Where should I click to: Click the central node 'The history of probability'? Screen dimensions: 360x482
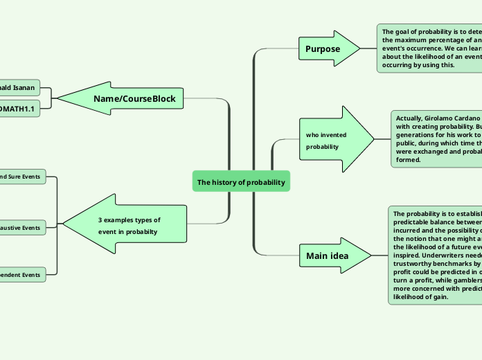click(241, 182)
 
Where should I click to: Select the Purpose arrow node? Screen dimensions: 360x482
click(325, 49)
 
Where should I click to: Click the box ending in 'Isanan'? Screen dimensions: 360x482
click(19, 88)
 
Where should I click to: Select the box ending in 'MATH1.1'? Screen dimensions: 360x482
click(19, 109)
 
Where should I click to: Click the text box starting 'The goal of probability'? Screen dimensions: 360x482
click(429, 48)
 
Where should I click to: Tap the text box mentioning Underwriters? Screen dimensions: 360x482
click(435, 255)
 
